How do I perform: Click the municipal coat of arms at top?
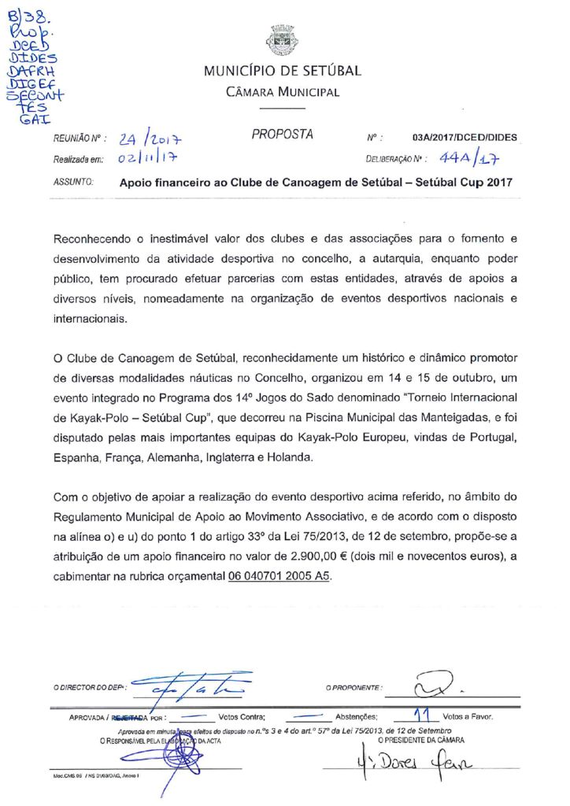click(282, 41)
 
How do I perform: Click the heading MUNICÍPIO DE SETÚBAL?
click(283, 71)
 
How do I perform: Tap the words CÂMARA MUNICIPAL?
click(283, 92)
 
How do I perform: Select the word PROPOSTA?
click(283, 135)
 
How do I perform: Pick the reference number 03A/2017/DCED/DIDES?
click(465, 138)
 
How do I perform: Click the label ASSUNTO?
click(73, 183)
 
